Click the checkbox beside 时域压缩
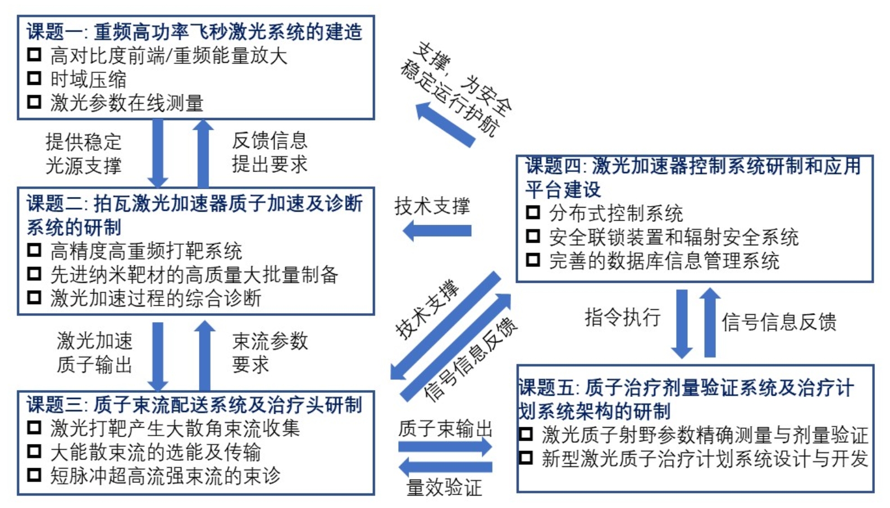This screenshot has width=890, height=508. [x=34, y=78]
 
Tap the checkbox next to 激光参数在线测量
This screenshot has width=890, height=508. [x=34, y=102]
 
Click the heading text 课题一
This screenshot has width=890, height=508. [x=53, y=31]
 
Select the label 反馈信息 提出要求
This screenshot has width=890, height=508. [x=270, y=152]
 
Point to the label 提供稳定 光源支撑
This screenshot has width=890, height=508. [x=83, y=153]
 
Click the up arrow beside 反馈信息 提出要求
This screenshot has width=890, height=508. [x=203, y=153]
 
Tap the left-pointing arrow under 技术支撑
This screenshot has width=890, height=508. [x=437, y=230]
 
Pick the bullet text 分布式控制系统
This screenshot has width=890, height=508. [x=616, y=213]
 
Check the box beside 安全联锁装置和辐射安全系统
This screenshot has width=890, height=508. [x=532, y=236]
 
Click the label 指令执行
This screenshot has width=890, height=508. [x=622, y=318]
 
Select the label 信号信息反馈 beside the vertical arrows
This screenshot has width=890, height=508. [x=779, y=322]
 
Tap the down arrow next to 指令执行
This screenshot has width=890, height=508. [x=682, y=323]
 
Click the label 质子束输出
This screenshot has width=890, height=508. [x=445, y=429]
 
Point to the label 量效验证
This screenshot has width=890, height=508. [x=444, y=487]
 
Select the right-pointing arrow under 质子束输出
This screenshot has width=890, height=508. [x=445, y=447]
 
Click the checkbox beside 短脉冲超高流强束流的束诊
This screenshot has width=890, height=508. [x=34, y=475]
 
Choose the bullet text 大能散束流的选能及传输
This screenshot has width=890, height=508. [x=156, y=452]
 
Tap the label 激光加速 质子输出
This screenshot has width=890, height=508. [x=94, y=353]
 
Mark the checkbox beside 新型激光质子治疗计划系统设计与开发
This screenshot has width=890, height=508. [x=526, y=457]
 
